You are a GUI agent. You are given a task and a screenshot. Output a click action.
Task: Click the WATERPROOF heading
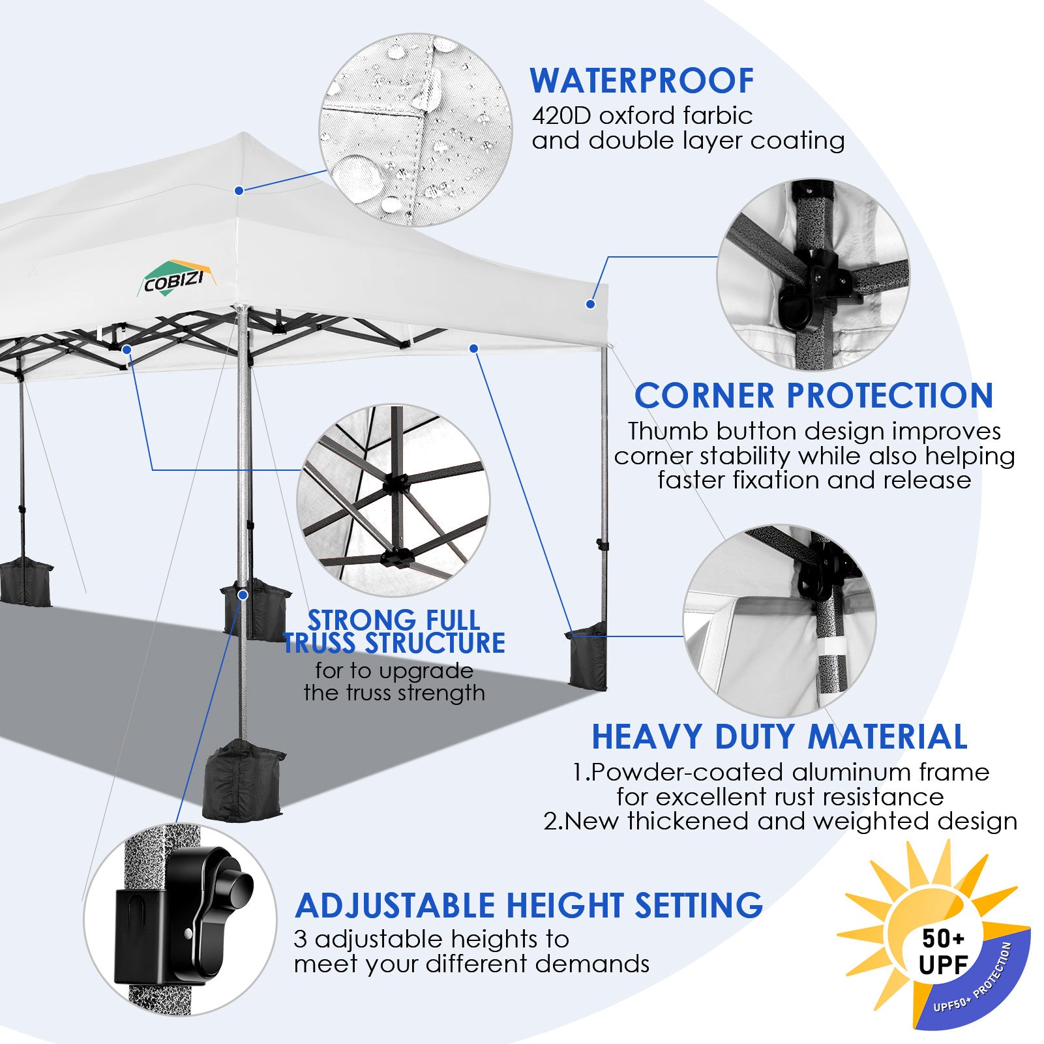coord(642,81)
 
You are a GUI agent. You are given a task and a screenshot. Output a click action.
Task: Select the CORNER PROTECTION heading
coord(813,396)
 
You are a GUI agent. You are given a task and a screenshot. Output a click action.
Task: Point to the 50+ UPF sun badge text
coord(943,951)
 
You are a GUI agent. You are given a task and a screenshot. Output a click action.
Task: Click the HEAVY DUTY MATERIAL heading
coord(779,737)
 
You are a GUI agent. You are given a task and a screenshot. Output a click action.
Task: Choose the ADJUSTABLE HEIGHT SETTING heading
coord(528,905)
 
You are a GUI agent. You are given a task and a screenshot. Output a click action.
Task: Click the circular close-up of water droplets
coord(415,130)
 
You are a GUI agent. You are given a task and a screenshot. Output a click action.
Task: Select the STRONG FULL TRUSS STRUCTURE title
coord(394,631)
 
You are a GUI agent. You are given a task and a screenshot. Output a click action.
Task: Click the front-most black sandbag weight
coord(243,779)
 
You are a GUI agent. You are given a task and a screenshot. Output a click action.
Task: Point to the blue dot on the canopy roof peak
coord(239,190)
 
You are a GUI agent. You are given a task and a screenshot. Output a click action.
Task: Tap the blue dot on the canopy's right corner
coord(590,304)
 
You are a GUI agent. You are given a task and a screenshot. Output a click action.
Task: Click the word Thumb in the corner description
coord(666,431)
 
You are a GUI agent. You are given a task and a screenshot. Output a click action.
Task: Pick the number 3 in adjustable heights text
coord(300,940)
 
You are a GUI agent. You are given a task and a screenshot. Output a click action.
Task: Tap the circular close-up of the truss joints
coord(393,500)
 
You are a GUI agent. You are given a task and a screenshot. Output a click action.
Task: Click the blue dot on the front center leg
coord(243,595)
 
